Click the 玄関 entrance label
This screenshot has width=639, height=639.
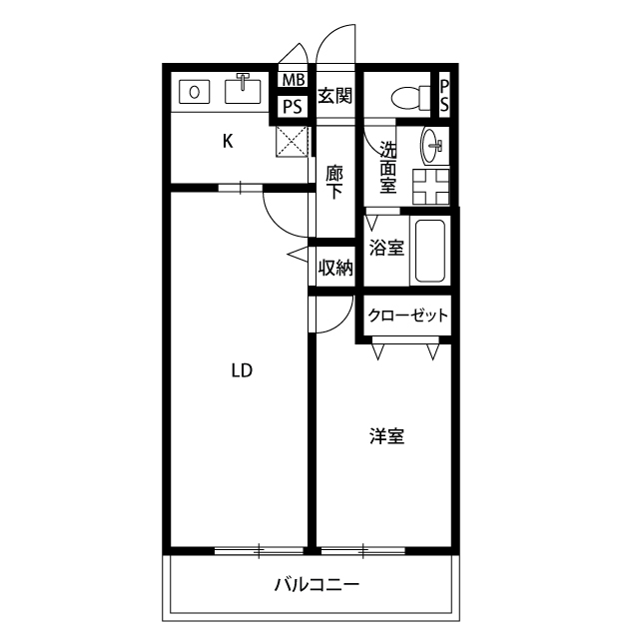click(x=334, y=96)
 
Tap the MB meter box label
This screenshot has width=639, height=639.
click(x=293, y=80)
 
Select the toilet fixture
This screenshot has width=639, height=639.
click(x=408, y=98)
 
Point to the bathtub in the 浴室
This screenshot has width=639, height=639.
click(x=430, y=251)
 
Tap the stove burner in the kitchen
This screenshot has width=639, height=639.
click(x=194, y=92)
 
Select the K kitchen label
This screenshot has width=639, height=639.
click(x=228, y=141)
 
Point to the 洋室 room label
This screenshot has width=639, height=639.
click(x=386, y=436)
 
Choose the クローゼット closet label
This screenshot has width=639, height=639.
click(x=407, y=317)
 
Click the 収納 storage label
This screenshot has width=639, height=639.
click(x=334, y=268)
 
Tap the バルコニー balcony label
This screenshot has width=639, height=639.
click(x=317, y=585)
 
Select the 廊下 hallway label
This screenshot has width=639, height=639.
click(x=335, y=181)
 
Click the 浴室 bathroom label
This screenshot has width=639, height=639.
click(x=386, y=248)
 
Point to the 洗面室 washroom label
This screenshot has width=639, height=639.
click(x=387, y=168)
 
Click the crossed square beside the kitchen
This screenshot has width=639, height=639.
click(x=293, y=141)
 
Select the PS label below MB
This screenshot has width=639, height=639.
click(x=293, y=107)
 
